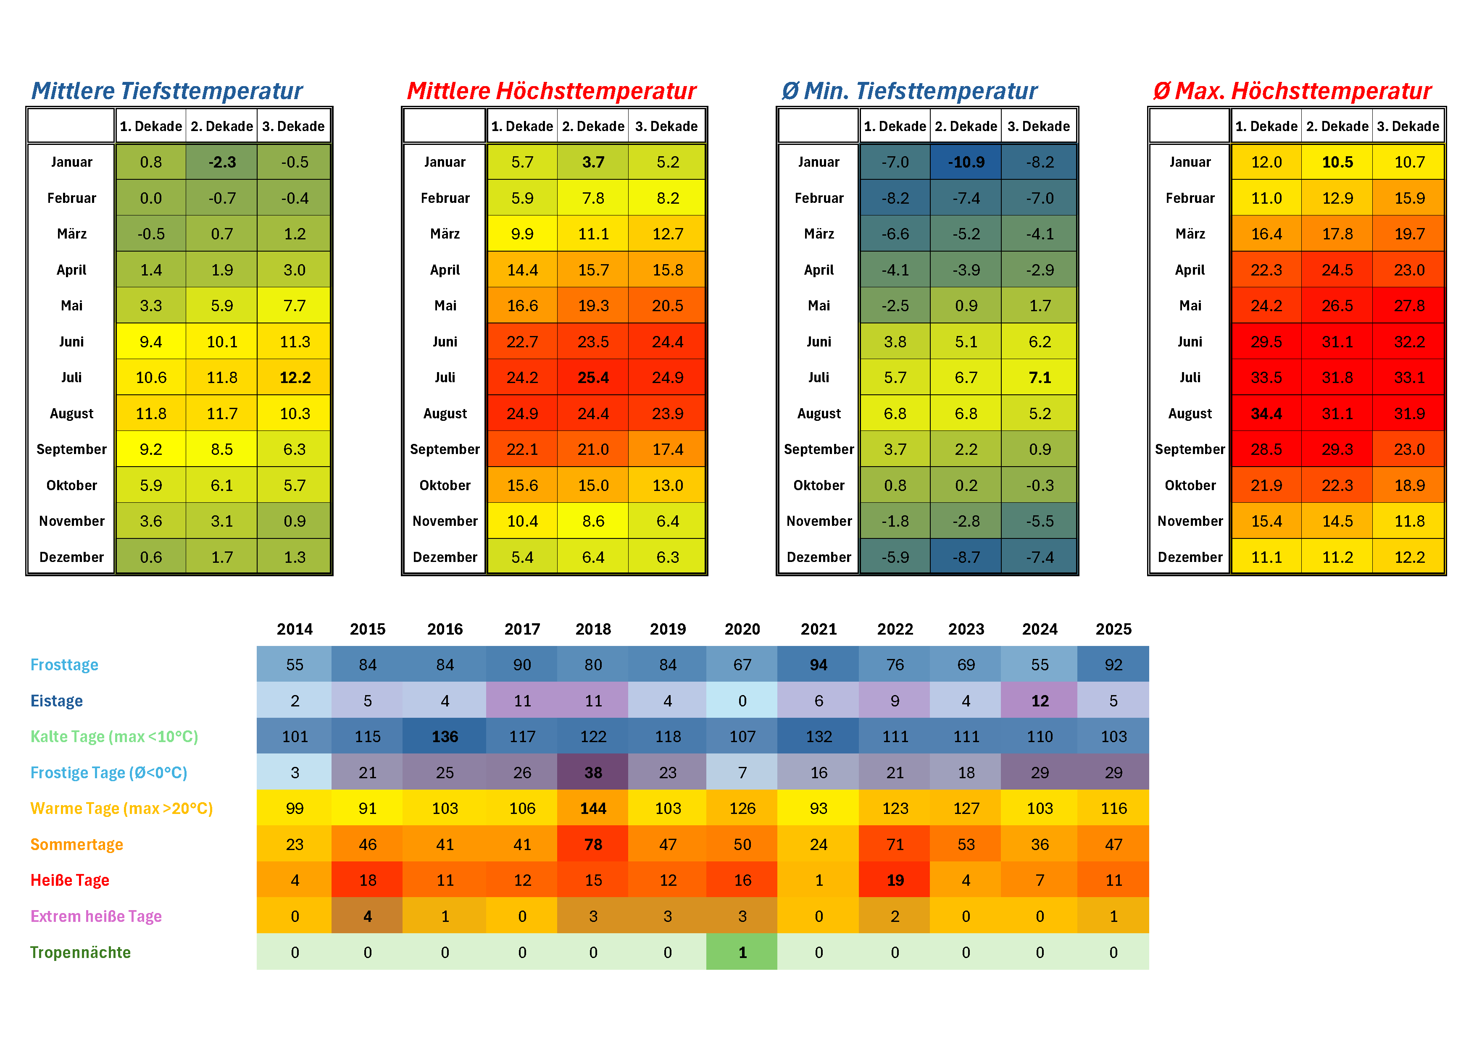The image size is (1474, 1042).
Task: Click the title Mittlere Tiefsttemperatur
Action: pos(167,91)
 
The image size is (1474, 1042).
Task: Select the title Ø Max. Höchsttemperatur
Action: pos(1292,91)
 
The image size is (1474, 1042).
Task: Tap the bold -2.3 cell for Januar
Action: pos(222,163)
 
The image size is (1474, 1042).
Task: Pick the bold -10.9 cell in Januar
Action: pos(966,163)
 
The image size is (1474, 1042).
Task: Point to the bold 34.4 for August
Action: pos(1266,414)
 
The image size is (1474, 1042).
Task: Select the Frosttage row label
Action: pos(64,665)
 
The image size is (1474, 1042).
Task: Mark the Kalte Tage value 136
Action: pos(445,737)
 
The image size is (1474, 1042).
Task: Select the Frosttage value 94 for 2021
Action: pos(819,665)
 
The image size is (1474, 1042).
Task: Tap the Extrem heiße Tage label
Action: pos(96,916)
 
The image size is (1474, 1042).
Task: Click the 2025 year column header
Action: pos(1113,630)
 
